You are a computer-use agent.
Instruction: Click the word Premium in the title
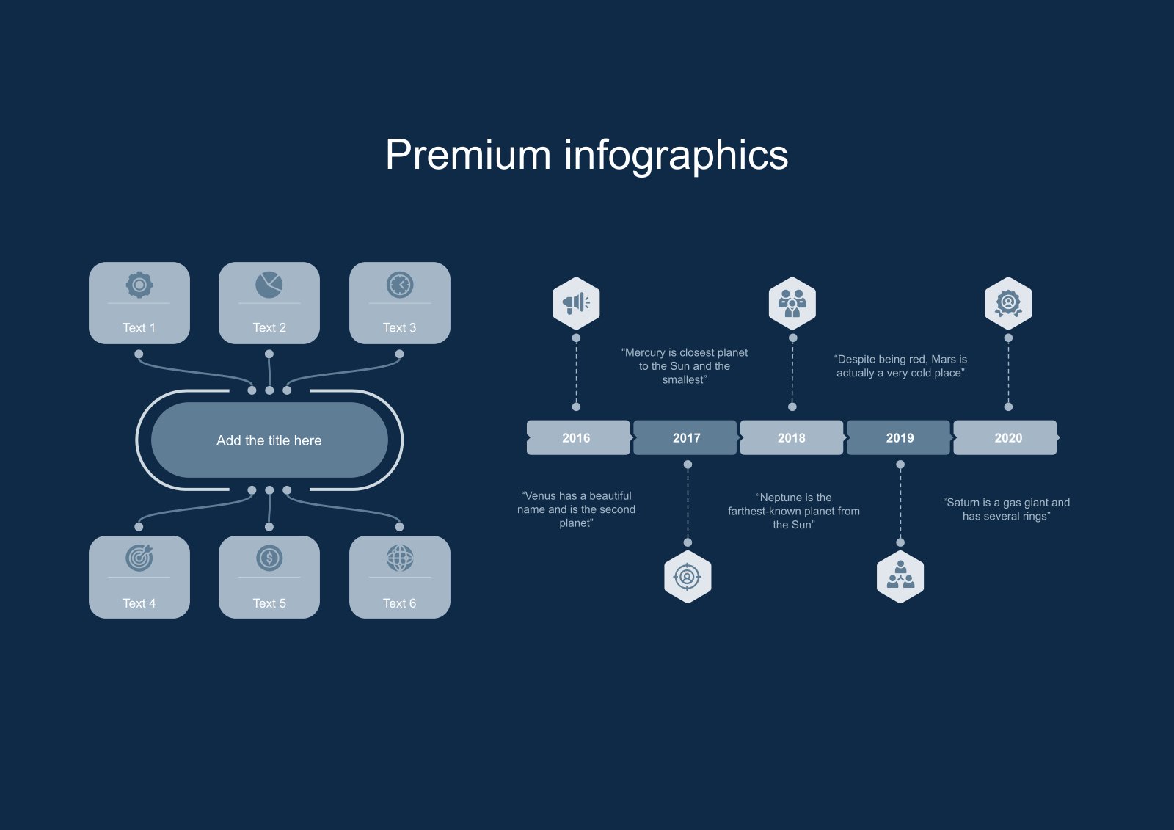click(x=467, y=155)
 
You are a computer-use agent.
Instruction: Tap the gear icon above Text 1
click(x=139, y=285)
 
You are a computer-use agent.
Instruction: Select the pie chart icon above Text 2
click(x=269, y=285)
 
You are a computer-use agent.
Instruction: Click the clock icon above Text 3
click(x=400, y=285)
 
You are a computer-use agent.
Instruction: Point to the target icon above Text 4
click(x=139, y=558)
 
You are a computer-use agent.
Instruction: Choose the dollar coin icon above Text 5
click(x=269, y=558)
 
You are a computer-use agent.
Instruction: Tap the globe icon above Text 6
click(x=400, y=558)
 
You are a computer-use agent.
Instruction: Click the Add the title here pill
click(x=269, y=440)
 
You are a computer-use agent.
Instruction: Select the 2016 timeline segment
click(x=577, y=438)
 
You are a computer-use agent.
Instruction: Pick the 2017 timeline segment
click(x=686, y=438)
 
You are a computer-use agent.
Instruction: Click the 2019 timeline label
click(x=900, y=438)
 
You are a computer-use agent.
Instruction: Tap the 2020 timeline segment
click(x=1007, y=438)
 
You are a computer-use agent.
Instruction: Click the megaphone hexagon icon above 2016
click(x=576, y=303)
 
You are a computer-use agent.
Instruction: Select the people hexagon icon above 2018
click(x=792, y=303)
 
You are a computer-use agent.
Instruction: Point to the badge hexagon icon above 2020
click(x=1008, y=303)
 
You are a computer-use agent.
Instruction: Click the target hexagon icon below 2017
click(x=688, y=577)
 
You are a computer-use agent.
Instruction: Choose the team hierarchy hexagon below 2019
click(x=900, y=577)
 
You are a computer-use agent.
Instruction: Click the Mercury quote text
click(x=685, y=366)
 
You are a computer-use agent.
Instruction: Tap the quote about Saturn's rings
click(x=1006, y=509)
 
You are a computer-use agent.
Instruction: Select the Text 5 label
click(x=269, y=603)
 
